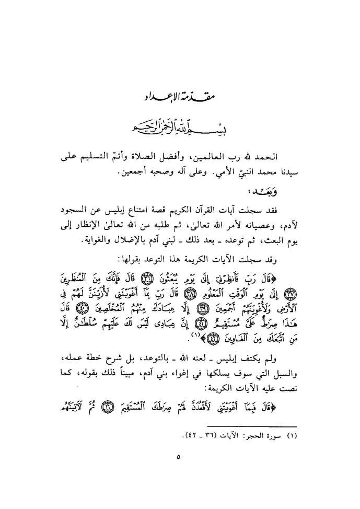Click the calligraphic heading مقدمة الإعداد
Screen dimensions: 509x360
click(x=180, y=97)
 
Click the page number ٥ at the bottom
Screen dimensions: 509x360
click(x=178, y=456)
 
